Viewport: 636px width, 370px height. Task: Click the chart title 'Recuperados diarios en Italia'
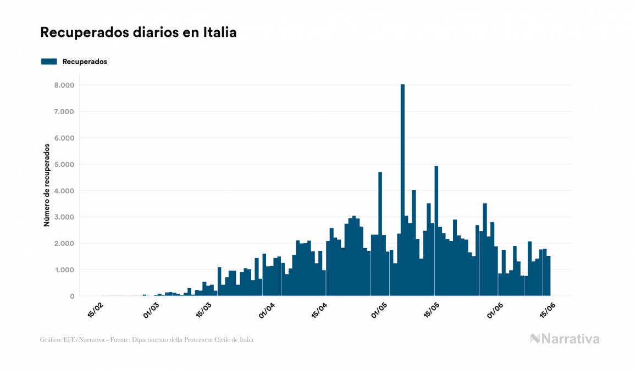[x=138, y=32]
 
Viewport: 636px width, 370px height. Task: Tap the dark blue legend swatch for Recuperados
[x=49, y=61]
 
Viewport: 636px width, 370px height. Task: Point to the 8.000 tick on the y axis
[x=64, y=85]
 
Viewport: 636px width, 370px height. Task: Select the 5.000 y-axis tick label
[x=64, y=164]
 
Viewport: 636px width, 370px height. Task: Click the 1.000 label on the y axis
[x=64, y=270]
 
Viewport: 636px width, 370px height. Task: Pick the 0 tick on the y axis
[x=71, y=296]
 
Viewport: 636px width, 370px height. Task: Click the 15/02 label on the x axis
[x=95, y=310]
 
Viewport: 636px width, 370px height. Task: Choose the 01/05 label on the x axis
[x=380, y=310]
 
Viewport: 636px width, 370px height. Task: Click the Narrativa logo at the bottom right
[x=565, y=339]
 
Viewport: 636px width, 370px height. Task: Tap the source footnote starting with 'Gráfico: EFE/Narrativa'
[x=147, y=340]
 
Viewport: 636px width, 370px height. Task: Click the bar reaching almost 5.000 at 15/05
[x=436, y=231]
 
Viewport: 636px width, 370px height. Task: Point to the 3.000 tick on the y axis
[x=64, y=217]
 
